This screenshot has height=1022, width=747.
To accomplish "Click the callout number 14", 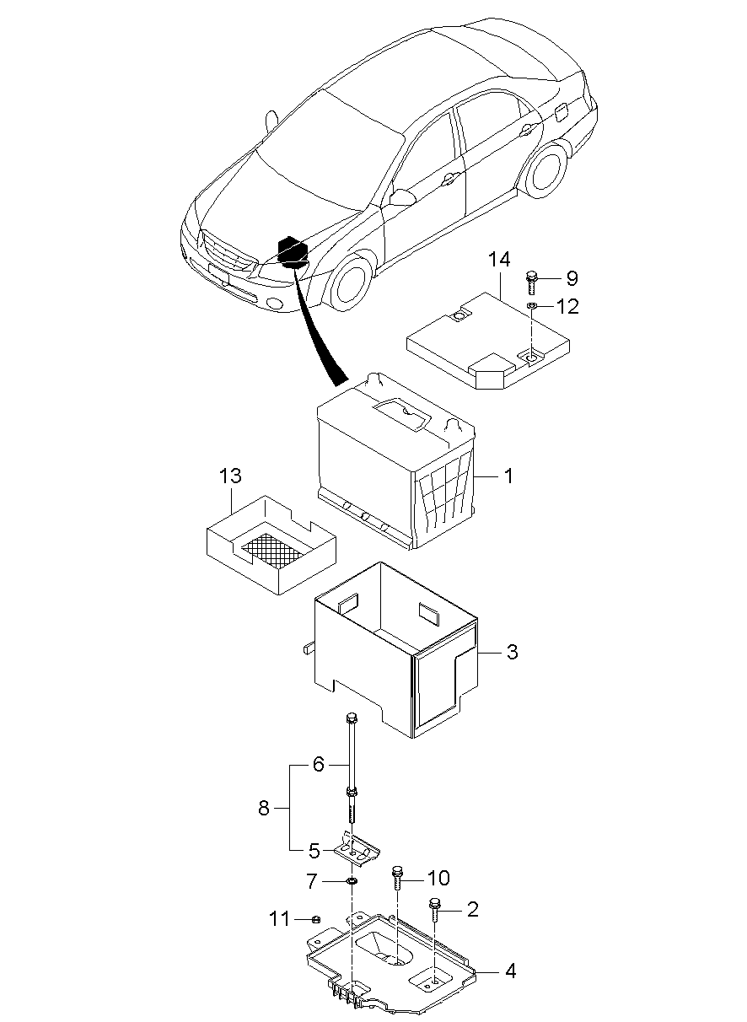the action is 499,260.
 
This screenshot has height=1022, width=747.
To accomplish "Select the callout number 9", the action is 572,278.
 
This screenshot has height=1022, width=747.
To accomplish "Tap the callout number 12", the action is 567,307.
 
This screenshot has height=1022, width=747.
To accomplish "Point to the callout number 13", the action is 230,476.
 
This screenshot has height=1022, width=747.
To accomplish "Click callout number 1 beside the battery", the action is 508,476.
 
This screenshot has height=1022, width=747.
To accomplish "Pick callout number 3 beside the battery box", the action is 512,652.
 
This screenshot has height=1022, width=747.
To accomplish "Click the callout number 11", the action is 279,919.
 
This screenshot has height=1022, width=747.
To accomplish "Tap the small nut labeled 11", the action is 314,918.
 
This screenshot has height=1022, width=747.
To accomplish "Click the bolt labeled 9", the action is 530,282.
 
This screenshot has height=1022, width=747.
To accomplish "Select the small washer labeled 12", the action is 531,304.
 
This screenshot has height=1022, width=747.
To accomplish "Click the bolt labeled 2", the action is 434,910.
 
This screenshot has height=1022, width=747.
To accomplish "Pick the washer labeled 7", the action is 352,880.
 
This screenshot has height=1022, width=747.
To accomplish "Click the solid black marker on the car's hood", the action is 292,251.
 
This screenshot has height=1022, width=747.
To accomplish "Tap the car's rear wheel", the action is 546,170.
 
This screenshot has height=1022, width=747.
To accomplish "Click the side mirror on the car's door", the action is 401,197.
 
